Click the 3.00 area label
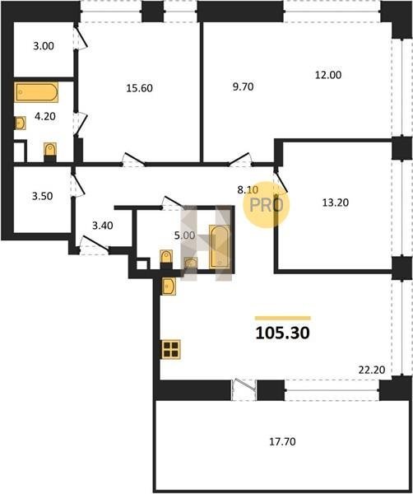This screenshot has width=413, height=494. click(x=44, y=46)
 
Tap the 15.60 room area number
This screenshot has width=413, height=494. click(x=140, y=88)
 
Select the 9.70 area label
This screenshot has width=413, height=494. click(x=243, y=86)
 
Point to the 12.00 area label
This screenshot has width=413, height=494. click(x=328, y=75)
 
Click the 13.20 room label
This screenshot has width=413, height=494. click(x=335, y=203)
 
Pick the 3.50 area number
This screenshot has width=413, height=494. click(x=43, y=196)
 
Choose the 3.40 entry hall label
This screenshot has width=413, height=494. click(x=103, y=226)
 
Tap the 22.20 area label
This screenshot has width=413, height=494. click(x=372, y=370)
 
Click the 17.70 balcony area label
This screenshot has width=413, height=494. click(x=282, y=441)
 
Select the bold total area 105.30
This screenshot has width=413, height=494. click(x=283, y=333)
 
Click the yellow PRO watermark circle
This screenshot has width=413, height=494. click(x=267, y=204)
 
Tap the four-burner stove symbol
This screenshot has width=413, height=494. click(x=171, y=349)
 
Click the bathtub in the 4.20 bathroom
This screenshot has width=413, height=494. click(x=36, y=92)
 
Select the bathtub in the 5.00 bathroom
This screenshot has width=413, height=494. click(x=220, y=247)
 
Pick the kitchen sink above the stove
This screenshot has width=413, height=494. click(x=169, y=286)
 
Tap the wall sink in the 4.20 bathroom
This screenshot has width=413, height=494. click(x=20, y=123)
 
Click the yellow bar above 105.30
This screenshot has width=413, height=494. click(x=283, y=318)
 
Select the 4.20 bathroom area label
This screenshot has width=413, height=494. click(x=45, y=116)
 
